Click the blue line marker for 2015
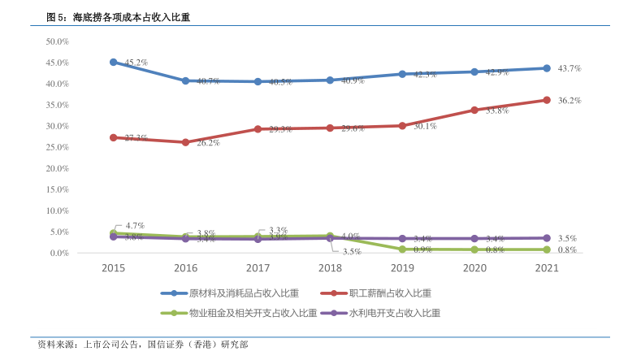pyautogui.click(x=114, y=62)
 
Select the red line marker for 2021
pyautogui.click(x=546, y=100)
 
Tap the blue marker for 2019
pyautogui.click(x=402, y=74)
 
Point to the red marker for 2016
pyautogui.click(x=186, y=142)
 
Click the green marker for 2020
pyautogui.click(x=474, y=249)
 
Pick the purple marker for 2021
pyautogui.click(x=546, y=238)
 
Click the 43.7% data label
pyautogui.click(x=570, y=68)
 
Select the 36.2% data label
pyautogui.click(x=570, y=100)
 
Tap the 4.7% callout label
pyautogui.click(x=135, y=225)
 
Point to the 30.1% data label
pyautogui.click(x=425, y=126)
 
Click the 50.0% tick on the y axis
pyautogui.click(x=56, y=41)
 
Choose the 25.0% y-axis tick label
pyautogui.click(x=56, y=147)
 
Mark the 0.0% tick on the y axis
pyautogui.click(x=58, y=253)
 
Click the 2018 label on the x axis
pyautogui.click(x=330, y=267)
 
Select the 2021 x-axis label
pyautogui.click(x=546, y=267)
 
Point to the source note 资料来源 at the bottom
pyautogui.click(x=142, y=345)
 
